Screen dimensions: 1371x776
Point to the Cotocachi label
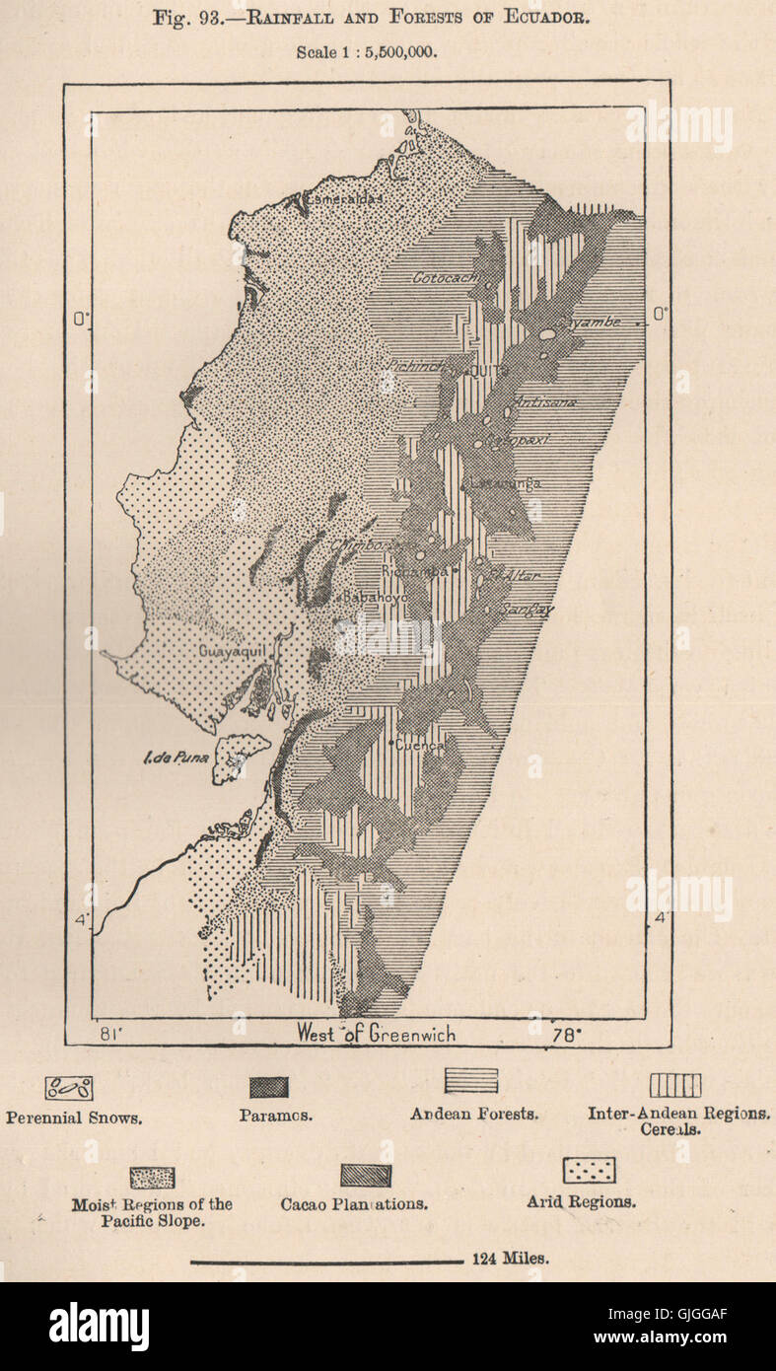pos(443,278)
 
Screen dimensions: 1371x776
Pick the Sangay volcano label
pos(527,610)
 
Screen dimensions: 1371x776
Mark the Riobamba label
pos(420,571)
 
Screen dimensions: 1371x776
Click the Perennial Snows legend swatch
pos(69,1089)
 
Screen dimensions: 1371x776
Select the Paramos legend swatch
pos(268,1087)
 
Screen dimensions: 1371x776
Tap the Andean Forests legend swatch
pos(471,1081)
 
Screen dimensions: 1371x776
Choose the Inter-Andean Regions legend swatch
pos(675,1085)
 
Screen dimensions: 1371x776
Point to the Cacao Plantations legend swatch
pos(366,1176)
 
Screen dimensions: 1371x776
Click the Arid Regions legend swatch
pos(589,1171)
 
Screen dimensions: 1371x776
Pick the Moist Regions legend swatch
pos(153,1178)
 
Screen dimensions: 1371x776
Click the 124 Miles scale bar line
pos(325,1261)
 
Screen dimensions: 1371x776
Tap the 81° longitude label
pos(111,1034)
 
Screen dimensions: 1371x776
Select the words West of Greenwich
pos(377,1034)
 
